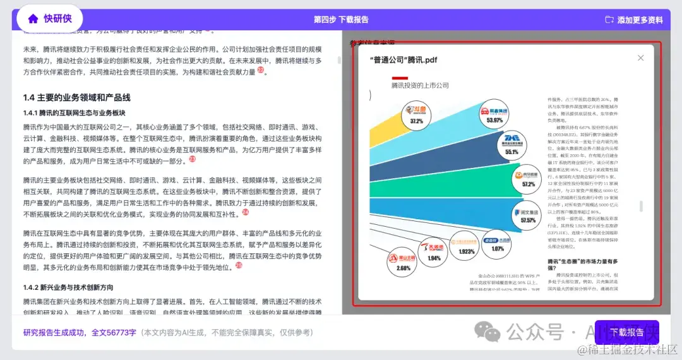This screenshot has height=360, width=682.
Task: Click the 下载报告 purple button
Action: (x=626, y=332)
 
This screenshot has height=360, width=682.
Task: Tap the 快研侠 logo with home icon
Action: (x=50, y=19)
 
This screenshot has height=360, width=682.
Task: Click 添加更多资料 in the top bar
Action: (x=634, y=20)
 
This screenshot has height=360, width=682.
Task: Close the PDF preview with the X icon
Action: (x=641, y=58)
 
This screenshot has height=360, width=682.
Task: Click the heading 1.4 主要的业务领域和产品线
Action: (x=76, y=97)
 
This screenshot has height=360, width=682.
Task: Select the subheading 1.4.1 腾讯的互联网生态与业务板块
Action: (x=75, y=112)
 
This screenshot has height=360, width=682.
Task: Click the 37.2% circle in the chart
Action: (x=416, y=116)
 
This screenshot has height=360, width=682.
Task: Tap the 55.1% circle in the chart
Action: (x=512, y=146)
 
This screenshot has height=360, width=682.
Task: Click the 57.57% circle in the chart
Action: (x=528, y=215)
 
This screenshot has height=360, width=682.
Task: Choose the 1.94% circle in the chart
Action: (x=434, y=252)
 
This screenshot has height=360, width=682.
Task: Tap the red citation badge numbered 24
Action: (x=246, y=212)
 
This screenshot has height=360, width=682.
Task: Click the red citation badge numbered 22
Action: (x=260, y=70)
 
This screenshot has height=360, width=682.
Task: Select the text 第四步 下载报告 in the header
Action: (x=341, y=20)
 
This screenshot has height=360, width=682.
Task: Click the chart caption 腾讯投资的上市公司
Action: (x=420, y=85)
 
